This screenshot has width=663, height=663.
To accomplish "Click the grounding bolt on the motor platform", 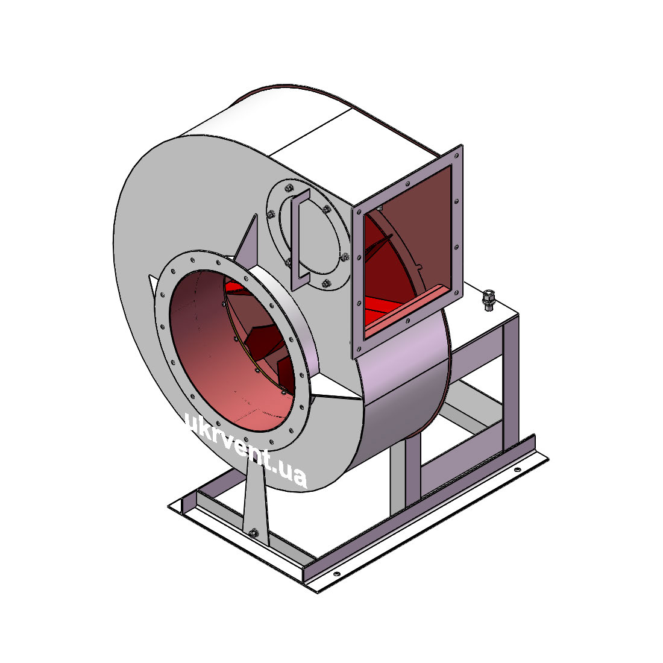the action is (489, 300).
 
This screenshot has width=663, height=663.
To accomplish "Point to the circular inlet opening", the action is (231, 351).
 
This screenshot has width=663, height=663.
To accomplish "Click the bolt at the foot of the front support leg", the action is (254, 533).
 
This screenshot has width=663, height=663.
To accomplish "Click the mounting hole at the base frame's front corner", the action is (336, 574).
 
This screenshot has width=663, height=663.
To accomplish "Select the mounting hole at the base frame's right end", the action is (517, 470).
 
